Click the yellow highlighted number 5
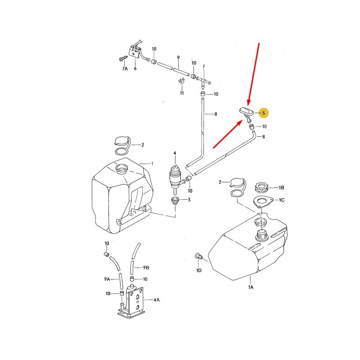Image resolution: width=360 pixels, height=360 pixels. (x=264, y=113)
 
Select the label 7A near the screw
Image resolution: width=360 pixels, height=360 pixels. (x=125, y=69)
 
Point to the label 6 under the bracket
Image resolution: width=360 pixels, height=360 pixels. (x=135, y=68)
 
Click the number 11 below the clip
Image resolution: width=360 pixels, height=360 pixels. (x=182, y=93)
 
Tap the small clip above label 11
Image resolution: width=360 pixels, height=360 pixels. (x=182, y=81)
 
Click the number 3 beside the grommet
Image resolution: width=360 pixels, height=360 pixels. (x=189, y=200)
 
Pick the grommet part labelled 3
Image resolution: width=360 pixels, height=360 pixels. (x=175, y=200)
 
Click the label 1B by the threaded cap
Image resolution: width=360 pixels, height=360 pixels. (x=282, y=188)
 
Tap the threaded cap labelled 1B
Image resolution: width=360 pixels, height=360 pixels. (x=261, y=187)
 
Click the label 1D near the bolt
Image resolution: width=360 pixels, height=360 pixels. (x=199, y=270)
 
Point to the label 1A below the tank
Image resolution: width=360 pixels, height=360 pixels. (x=251, y=287)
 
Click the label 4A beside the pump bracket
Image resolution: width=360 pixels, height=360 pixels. (x=157, y=300)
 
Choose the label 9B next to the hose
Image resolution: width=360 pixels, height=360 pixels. (x=146, y=267)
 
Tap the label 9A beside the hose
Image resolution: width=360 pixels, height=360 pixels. (x=107, y=279)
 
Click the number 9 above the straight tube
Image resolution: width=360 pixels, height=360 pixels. (x=178, y=58)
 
